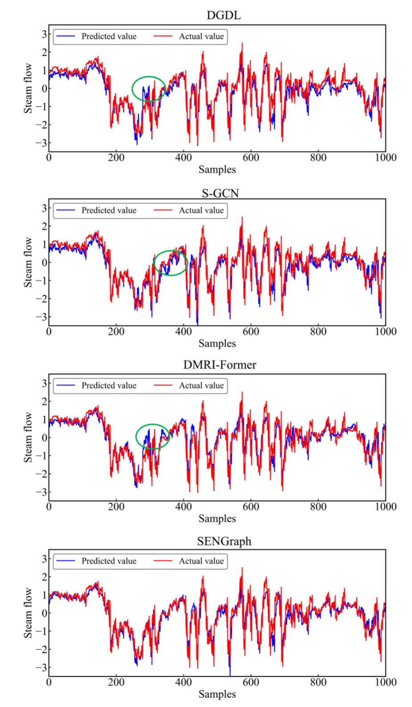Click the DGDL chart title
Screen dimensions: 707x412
[x=223, y=15]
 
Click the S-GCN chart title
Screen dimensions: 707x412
[x=220, y=193]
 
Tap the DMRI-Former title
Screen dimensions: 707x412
[x=220, y=365]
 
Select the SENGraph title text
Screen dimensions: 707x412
[x=224, y=541]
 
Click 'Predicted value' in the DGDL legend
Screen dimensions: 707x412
[x=109, y=37]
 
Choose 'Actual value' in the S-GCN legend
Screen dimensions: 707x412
[x=201, y=210]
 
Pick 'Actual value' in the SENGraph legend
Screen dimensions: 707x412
[x=201, y=561]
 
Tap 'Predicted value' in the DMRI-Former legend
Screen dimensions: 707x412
[x=109, y=385]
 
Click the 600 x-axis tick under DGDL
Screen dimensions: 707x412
[x=251, y=158]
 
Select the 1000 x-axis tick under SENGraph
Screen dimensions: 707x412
[x=386, y=682]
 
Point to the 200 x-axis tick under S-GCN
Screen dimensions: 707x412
[x=116, y=331]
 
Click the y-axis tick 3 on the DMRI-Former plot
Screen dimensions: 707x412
[x=44, y=383]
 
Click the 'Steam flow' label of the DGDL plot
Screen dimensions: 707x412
[x=28, y=88]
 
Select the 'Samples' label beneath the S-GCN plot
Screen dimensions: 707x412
[x=217, y=343]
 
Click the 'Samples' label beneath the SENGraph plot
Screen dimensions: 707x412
[x=217, y=694]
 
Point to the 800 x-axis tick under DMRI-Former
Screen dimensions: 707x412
[x=318, y=506]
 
